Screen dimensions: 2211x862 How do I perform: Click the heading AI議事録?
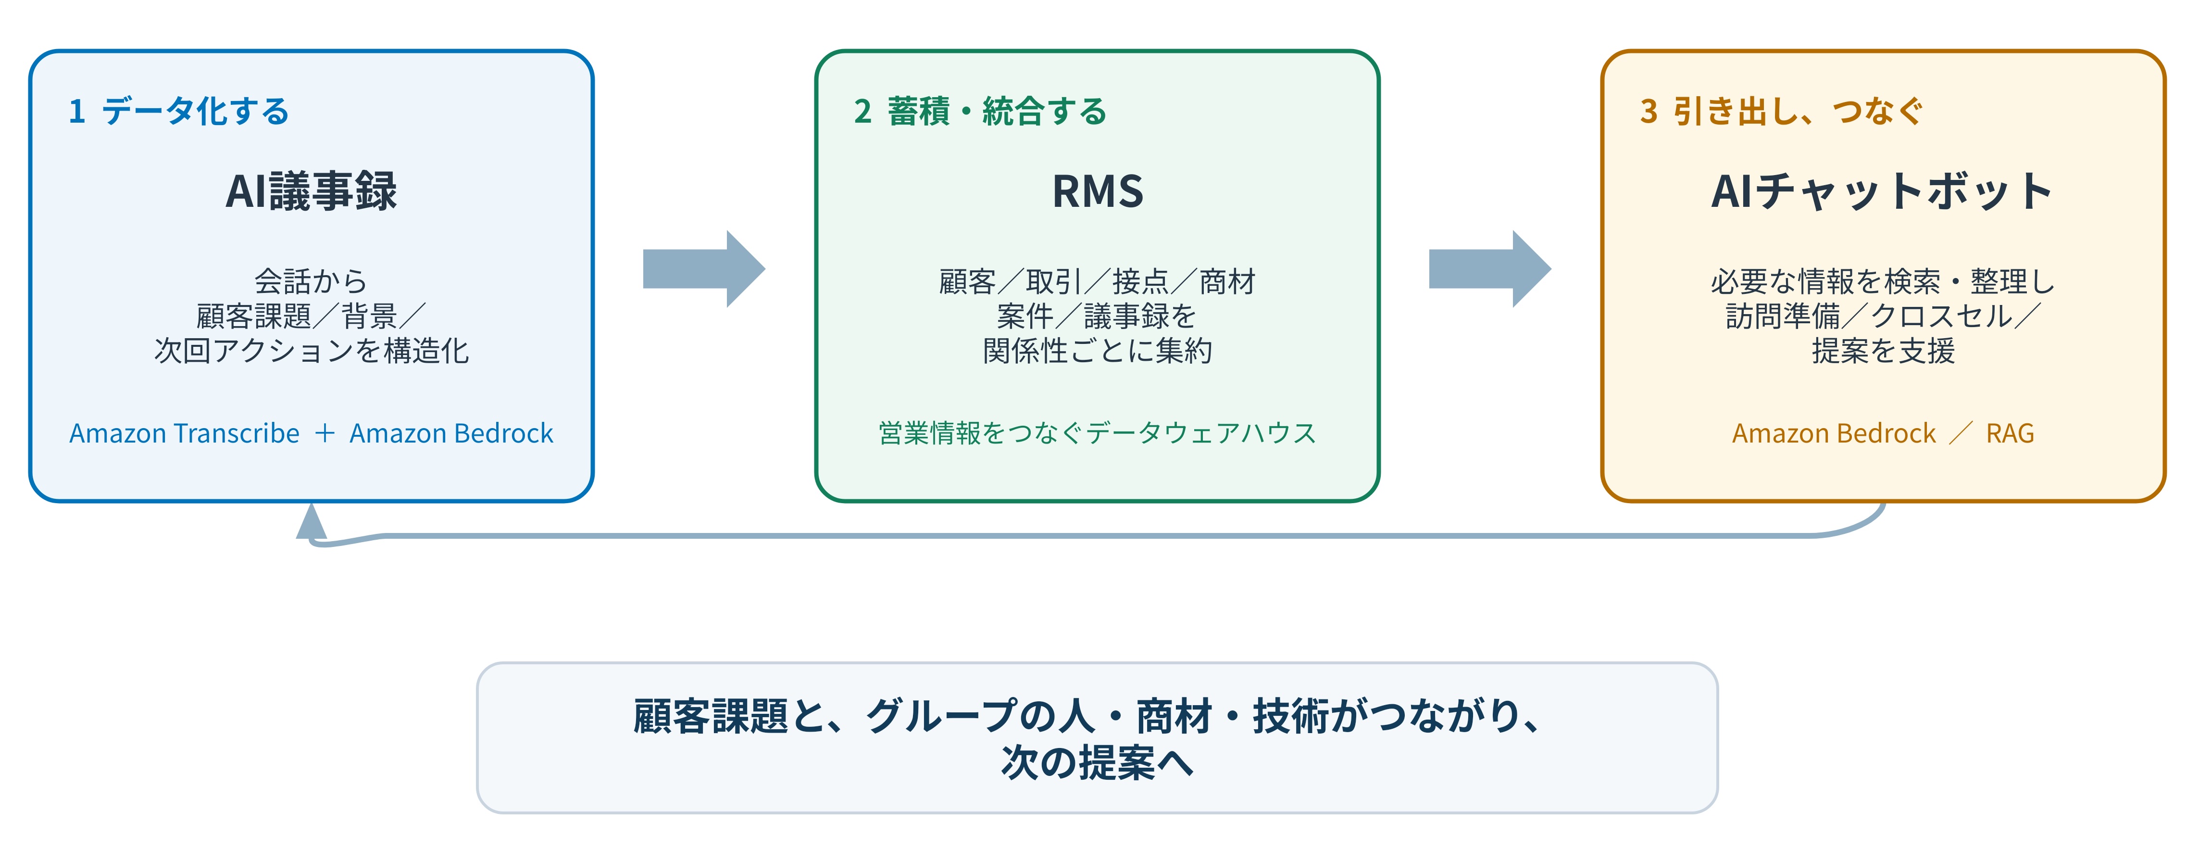click(311, 190)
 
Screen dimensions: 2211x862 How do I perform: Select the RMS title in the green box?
click(1098, 190)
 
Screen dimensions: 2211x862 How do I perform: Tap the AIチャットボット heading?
click(1882, 190)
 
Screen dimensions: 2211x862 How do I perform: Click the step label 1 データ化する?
click(178, 111)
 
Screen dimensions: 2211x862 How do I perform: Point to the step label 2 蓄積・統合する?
click(980, 111)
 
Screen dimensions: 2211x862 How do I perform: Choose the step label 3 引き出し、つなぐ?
click(1781, 111)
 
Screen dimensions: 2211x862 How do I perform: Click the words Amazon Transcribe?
click(185, 433)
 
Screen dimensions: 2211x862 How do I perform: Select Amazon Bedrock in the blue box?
click(451, 433)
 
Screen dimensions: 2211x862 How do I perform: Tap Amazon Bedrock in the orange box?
click(1834, 433)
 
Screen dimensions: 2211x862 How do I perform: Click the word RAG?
click(2010, 433)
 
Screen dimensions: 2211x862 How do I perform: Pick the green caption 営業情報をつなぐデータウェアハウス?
click(1098, 433)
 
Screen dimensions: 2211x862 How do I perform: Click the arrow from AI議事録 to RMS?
click(704, 269)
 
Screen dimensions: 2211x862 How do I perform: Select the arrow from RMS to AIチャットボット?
click(1490, 269)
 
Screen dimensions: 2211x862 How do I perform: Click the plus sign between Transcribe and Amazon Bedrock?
click(325, 433)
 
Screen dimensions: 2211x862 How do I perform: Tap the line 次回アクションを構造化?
click(311, 350)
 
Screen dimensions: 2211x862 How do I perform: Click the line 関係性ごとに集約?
click(1098, 350)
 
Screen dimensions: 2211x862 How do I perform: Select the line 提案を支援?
click(1883, 350)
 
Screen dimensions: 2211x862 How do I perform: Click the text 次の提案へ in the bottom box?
click(1098, 761)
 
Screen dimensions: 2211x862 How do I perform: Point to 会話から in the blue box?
click(311, 281)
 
